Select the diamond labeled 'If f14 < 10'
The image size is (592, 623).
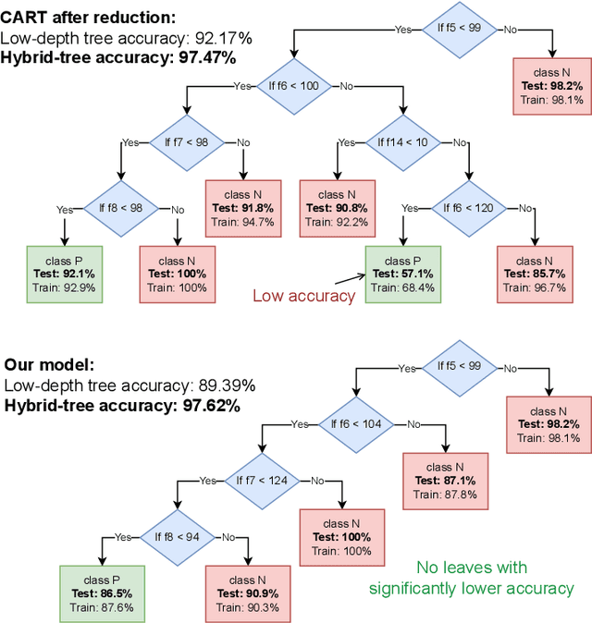tap(402, 142)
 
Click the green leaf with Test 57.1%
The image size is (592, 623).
tap(402, 275)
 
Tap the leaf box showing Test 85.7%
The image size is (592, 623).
tap(536, 275)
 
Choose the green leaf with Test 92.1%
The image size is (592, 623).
tap(65, 275)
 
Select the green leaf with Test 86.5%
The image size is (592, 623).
tap(102, 593)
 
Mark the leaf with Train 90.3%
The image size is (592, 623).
tap(244, 593)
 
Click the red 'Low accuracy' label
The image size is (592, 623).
tap(303, 296)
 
